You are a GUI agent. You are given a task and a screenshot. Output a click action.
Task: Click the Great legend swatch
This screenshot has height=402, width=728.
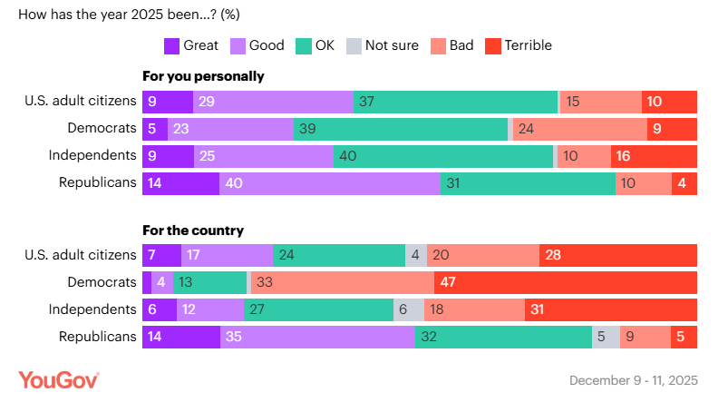[x=171, y=45]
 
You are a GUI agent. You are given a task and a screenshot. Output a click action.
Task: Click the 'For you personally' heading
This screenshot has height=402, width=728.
[x=203, y=76]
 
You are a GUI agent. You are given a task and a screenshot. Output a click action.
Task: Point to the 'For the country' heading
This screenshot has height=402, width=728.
[x=193, y=230]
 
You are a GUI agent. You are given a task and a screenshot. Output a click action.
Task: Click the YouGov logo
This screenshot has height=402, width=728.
[x=58, y=379]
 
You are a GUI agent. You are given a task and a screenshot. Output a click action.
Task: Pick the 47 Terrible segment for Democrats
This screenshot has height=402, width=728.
[x=566, y=282]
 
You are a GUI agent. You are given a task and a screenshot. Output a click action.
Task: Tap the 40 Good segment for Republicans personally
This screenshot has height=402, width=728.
[x=330, y=183]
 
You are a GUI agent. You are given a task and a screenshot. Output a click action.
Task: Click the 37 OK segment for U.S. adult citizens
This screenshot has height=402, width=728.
[x=456, y=102]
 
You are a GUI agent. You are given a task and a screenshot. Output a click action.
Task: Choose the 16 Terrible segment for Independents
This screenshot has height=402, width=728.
[x=654, y=156]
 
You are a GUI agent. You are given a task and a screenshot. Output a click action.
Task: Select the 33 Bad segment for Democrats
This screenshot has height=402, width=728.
[x=343, y=282]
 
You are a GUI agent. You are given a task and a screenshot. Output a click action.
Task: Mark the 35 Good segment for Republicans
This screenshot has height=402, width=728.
[x=317, y=337]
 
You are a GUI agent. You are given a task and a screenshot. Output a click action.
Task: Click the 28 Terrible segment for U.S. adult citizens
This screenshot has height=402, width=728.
[x=618, y=255]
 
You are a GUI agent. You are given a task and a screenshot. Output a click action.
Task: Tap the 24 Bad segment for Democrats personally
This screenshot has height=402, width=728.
[x=580, y=129]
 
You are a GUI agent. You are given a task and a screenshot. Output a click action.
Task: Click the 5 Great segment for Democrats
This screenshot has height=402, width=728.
[x=155, y=129]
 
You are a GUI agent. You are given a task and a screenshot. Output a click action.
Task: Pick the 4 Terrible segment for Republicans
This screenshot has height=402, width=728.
[x=684, y=183]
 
